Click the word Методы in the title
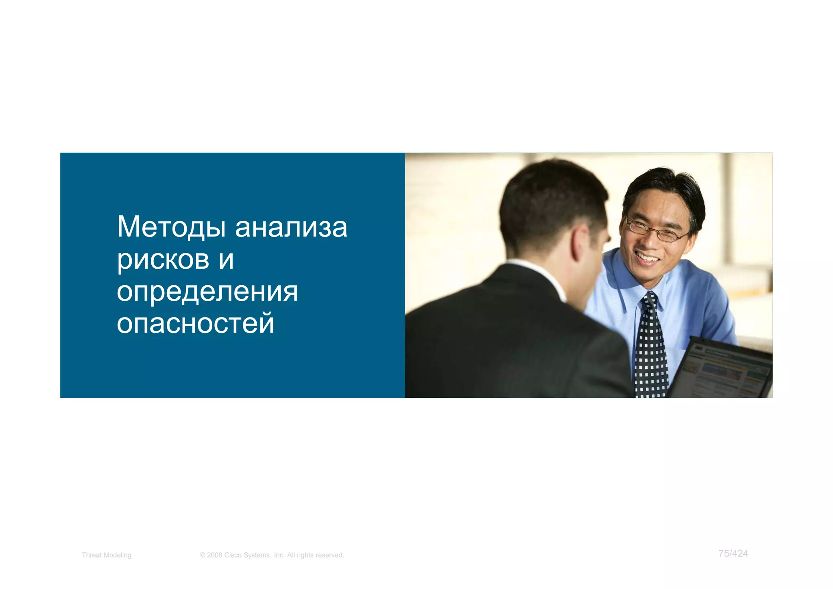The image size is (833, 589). coord(171,227)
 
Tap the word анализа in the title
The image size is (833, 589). coord(291,227)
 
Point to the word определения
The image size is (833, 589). coord(207,292)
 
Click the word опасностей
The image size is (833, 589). coord(196,324)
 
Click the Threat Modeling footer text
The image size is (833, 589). coord(107,555)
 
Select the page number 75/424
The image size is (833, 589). coord(733,554)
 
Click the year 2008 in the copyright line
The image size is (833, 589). coord(214,555)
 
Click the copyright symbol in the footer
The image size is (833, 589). coord(202,555)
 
